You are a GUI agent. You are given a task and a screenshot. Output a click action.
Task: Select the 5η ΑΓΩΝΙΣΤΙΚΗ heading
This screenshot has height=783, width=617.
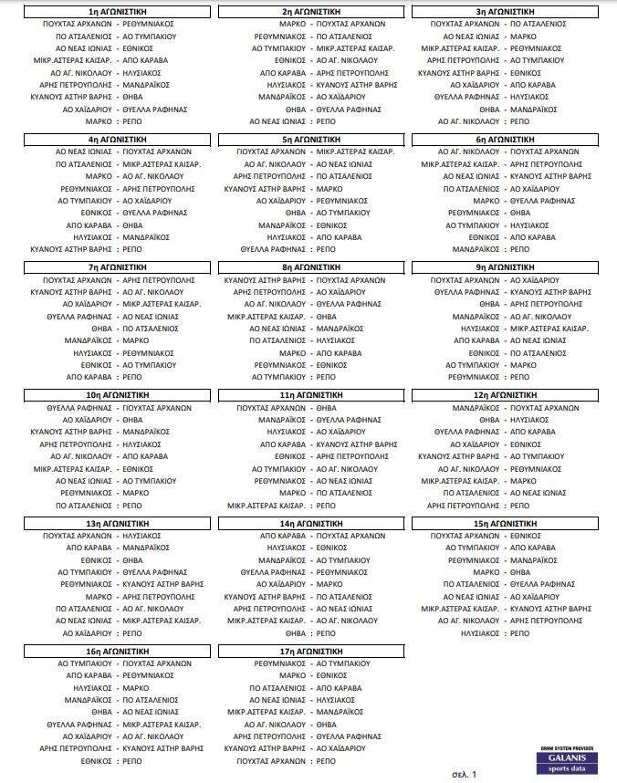311,139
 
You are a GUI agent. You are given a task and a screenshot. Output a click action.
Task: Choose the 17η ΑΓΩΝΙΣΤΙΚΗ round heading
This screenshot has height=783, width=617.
311,652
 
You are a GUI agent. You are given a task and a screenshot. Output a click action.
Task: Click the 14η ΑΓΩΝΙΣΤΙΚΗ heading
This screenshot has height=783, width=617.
311,523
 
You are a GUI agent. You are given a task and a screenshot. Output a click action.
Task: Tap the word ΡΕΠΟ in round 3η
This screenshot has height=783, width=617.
519,120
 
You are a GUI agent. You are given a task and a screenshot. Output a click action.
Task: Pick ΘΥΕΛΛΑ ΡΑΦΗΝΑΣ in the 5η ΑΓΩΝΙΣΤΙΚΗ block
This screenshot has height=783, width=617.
271,248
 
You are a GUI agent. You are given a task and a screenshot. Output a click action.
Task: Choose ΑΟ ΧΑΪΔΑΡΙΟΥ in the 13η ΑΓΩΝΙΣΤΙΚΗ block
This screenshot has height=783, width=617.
86,632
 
